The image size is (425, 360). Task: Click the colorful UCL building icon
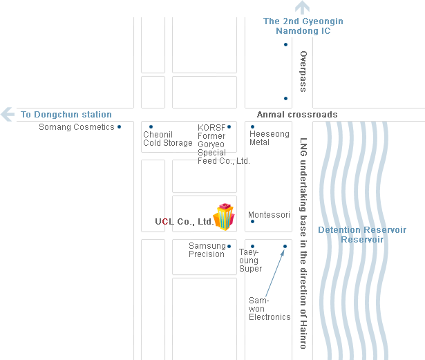click(x=224, y=217)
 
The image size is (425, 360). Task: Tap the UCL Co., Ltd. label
click(x=185, y=222)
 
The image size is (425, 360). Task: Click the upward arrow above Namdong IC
click(x=303, y=8)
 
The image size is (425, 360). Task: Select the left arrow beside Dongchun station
click(x=8, y=114)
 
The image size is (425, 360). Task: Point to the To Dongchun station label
click(x=66, y=115)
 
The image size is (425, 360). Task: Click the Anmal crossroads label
click(x=297, y=115)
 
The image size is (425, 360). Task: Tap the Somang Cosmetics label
click(x=77, y=127)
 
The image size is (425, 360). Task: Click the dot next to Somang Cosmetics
click(x=120, y=126)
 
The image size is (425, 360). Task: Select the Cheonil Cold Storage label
click(x=168, y=139)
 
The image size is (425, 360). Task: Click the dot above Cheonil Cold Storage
click(x=151, y=126)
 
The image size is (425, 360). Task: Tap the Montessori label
click(x=269, y=215)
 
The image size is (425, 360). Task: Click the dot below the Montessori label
click(x=252, y=222)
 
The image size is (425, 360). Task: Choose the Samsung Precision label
click(x=207, y=250)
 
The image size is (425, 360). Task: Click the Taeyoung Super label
click(x=250, y=260)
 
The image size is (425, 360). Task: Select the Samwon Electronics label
click(x=270, y=309)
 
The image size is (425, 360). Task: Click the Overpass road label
click(x=303, y=71)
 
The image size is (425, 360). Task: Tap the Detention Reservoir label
click(x=362, y=234)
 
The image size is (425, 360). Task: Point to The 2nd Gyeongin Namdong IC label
click(x=303, y=26)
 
